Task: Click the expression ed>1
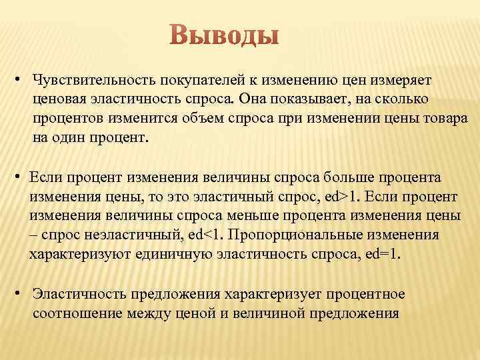click(x=344, y=197)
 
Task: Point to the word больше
click(x=345, y=178)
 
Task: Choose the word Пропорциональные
click(x=295, y=236)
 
